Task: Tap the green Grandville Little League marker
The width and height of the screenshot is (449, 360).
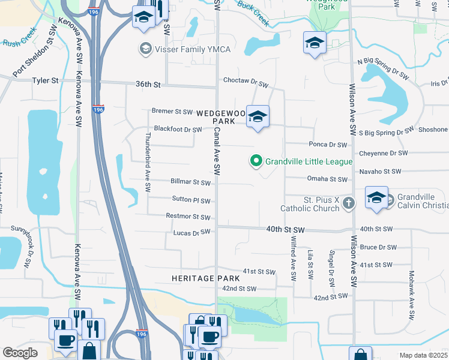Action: point(256,161)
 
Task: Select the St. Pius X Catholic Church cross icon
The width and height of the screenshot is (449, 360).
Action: point(348,204)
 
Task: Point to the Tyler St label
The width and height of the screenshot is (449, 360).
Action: point(45,80)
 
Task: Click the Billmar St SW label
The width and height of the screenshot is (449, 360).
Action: point(190,182)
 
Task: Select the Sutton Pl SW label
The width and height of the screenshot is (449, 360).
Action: point(191,201)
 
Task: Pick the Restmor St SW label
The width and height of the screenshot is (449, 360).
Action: point(188,217)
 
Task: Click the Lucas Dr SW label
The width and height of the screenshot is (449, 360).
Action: point(191,232)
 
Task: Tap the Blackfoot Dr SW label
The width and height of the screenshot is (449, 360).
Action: point(178,129)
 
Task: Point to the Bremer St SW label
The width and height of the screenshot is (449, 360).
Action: point(172,112)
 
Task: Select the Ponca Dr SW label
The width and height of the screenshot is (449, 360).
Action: point(328,145)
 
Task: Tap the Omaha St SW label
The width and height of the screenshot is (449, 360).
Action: point(327,179)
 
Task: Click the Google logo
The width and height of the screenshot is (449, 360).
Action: point(20,353)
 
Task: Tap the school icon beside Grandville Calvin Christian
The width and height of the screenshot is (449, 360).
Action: point(376,198)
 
